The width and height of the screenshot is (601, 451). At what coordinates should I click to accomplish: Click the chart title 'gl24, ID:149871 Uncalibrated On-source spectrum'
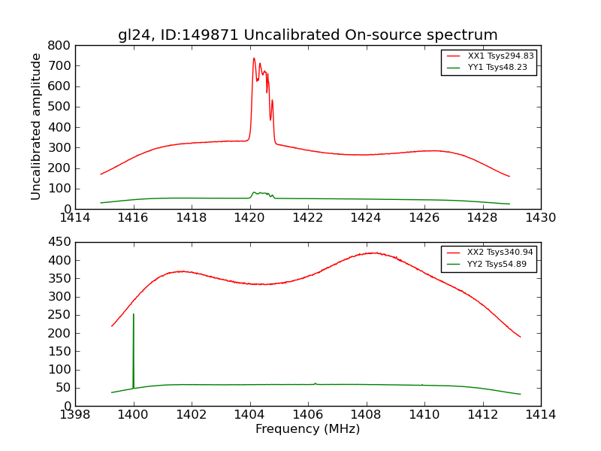307,35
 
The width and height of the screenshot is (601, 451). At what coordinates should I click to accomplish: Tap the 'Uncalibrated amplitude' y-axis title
36,126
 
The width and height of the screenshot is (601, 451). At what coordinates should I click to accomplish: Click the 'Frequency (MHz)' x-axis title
307,429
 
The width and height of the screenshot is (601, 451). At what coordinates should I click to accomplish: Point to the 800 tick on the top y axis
59,45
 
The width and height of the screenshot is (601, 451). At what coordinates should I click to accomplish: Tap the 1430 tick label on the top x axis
540,218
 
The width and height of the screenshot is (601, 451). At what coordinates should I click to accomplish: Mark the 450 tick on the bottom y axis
59,242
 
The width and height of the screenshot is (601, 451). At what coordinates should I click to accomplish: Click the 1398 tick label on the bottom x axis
75,415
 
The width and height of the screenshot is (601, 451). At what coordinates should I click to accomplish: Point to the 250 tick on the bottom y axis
59,315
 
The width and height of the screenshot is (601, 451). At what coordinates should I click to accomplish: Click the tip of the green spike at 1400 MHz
134,314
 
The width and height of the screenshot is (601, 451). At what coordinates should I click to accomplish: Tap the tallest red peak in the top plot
254,59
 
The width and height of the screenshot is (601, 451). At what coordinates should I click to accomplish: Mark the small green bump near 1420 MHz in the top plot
255,192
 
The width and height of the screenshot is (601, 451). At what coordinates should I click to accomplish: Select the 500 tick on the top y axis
59,107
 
